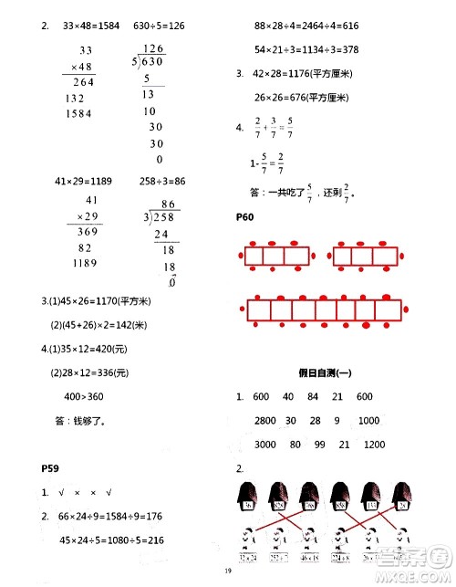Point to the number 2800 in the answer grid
(264, 420)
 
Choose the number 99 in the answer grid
(318, 444)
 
